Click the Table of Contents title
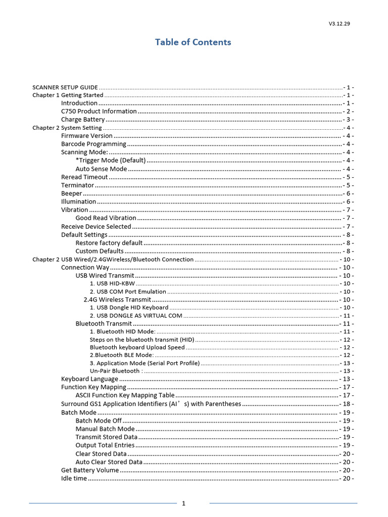pos(193,42)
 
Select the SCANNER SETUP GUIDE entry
pos(65,87)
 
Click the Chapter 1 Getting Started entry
pos(68,95)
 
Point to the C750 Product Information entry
pos(99,111)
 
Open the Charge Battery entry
pos(83,120)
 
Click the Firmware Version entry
pos(87,136)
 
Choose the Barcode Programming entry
pos(93,144)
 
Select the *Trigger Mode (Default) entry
pos(111,161)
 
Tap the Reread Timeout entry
pos(84,177)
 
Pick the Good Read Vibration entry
pos(106,218)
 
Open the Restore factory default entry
pos(109,243)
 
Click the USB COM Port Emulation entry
pos(128,291)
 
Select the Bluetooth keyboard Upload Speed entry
pos(137,347)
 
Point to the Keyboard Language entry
pos(89,379)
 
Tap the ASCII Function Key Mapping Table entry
pos(125,395)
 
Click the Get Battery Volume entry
pos(90,470)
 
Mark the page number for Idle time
pos(347,479)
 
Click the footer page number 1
pos(184,503)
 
